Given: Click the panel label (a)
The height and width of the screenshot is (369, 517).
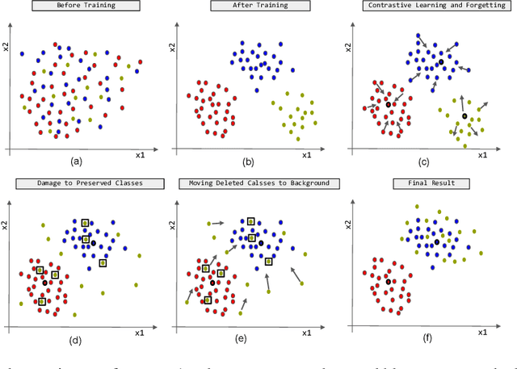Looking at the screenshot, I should (x=77, y=161).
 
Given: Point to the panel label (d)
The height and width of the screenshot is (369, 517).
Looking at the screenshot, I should (x=77, y=339).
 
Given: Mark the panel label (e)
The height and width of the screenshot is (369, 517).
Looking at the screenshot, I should (x=241, y=339).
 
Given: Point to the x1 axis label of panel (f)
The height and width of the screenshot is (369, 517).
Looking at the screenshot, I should (x=482, y=332).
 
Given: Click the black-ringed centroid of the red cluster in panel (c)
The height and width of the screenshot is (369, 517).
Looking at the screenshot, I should (x=389, y=105).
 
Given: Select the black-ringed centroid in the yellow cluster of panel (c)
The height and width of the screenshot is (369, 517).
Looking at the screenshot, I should (x=464, y=116).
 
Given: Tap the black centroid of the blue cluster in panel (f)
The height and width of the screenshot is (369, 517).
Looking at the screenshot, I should (x=437, y=241).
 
